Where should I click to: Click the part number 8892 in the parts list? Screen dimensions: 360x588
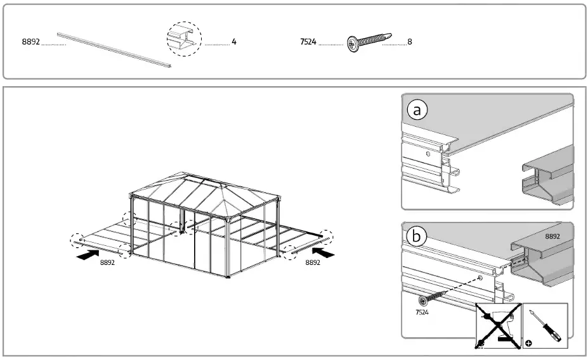[31, 42]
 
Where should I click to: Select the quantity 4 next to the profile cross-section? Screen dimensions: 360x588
[234, 42]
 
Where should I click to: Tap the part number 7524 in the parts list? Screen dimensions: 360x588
[308, 42]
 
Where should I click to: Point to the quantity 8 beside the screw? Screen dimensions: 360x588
[410, 42]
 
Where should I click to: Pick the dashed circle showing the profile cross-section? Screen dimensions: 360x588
[184, 39]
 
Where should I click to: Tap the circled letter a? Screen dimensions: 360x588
[417, 111]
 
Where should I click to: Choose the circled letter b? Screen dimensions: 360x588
[417, 237]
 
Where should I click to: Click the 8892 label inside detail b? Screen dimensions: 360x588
[553, 236]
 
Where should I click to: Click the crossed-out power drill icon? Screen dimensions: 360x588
[499, 326]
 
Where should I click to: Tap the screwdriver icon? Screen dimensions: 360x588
[545, 326]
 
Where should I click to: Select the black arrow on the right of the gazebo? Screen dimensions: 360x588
[323, 253]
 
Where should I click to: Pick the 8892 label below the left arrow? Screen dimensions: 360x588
[107, 262]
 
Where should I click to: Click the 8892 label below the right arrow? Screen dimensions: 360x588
[312, 262]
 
